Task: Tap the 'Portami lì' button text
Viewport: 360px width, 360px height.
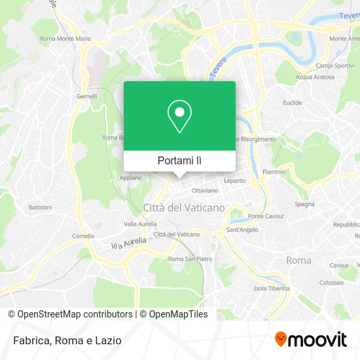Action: pyautogui.click(x=180, y=160)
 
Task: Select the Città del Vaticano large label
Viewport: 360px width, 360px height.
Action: pyautogui.click(x=184, y=207)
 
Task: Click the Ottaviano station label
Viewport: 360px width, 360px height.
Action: pyautogui.click(x=204, y=190)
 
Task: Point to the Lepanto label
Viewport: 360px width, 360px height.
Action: pyautogui.click(x=234, y=180)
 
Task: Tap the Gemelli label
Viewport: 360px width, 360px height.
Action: pyautogui.click(x=87, y=96)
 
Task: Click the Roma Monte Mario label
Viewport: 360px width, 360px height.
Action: pyautogui.click(x=65, y=39)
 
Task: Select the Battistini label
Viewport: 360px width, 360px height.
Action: pyautogui.click(x=41, y=207)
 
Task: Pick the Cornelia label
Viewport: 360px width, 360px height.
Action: pyautogui.click(x=83, y=236)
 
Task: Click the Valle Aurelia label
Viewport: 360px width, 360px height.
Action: pyautogui.click(x=139, y=223)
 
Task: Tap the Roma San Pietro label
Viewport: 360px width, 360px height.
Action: pyautogui.click(x=190, y=259)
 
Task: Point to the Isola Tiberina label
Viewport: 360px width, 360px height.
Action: pyautogui.click(x=272, y=289)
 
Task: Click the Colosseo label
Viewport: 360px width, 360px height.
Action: pyautogui.click(x=331, y=283)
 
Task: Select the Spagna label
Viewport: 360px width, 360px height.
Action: pyautogui.click(x=304, y=204)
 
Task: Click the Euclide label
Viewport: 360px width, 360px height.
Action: pyautogui.click(x=292, y=103)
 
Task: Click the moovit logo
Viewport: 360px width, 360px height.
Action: pyautogui.click(x=310, y=340)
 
